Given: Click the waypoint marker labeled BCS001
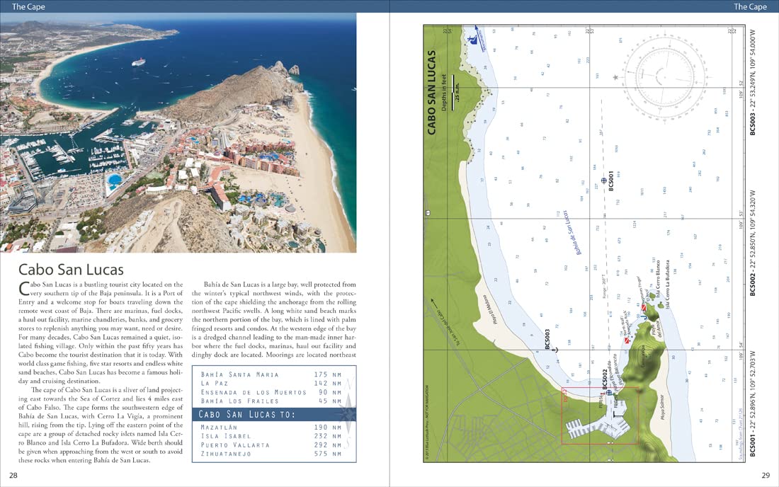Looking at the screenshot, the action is pos(603,181).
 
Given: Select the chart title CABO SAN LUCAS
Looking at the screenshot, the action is pos(431,92).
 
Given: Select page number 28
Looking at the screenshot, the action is pos(13,474).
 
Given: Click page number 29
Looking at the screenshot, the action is pos(766,474).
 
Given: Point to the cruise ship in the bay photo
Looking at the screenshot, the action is pos(137,62).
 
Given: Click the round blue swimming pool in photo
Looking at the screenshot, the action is pos(113,181).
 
